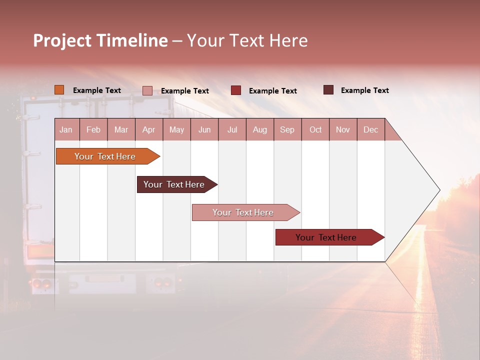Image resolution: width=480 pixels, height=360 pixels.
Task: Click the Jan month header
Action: click(66, 129)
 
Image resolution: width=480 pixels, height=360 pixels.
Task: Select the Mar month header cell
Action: click(121, 129)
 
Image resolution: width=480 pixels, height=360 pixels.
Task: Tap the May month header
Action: click(176, 129)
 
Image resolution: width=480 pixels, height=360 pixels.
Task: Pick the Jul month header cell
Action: click(232, 129)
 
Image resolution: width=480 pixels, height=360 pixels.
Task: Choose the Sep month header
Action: click(287, 129)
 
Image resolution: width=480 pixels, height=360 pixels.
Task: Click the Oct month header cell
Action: click(315, 129)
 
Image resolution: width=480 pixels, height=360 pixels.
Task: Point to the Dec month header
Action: click(370, 129)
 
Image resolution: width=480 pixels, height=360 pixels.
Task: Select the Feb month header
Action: click(93, 129)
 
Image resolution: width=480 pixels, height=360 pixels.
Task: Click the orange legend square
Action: click(59, 90)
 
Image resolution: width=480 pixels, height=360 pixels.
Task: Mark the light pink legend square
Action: click(147, 90)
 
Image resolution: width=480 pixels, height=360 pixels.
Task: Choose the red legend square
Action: click(235, 90)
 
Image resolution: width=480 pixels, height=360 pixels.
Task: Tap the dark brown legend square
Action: click(328, 90)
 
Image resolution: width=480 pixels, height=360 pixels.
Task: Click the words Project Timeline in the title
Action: click(100, 40)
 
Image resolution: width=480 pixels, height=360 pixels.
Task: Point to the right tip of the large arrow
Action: click(439, 190)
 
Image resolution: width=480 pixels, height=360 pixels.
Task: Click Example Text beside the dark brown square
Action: click(364, 90)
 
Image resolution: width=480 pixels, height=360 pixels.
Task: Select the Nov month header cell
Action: click(343, 129)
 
